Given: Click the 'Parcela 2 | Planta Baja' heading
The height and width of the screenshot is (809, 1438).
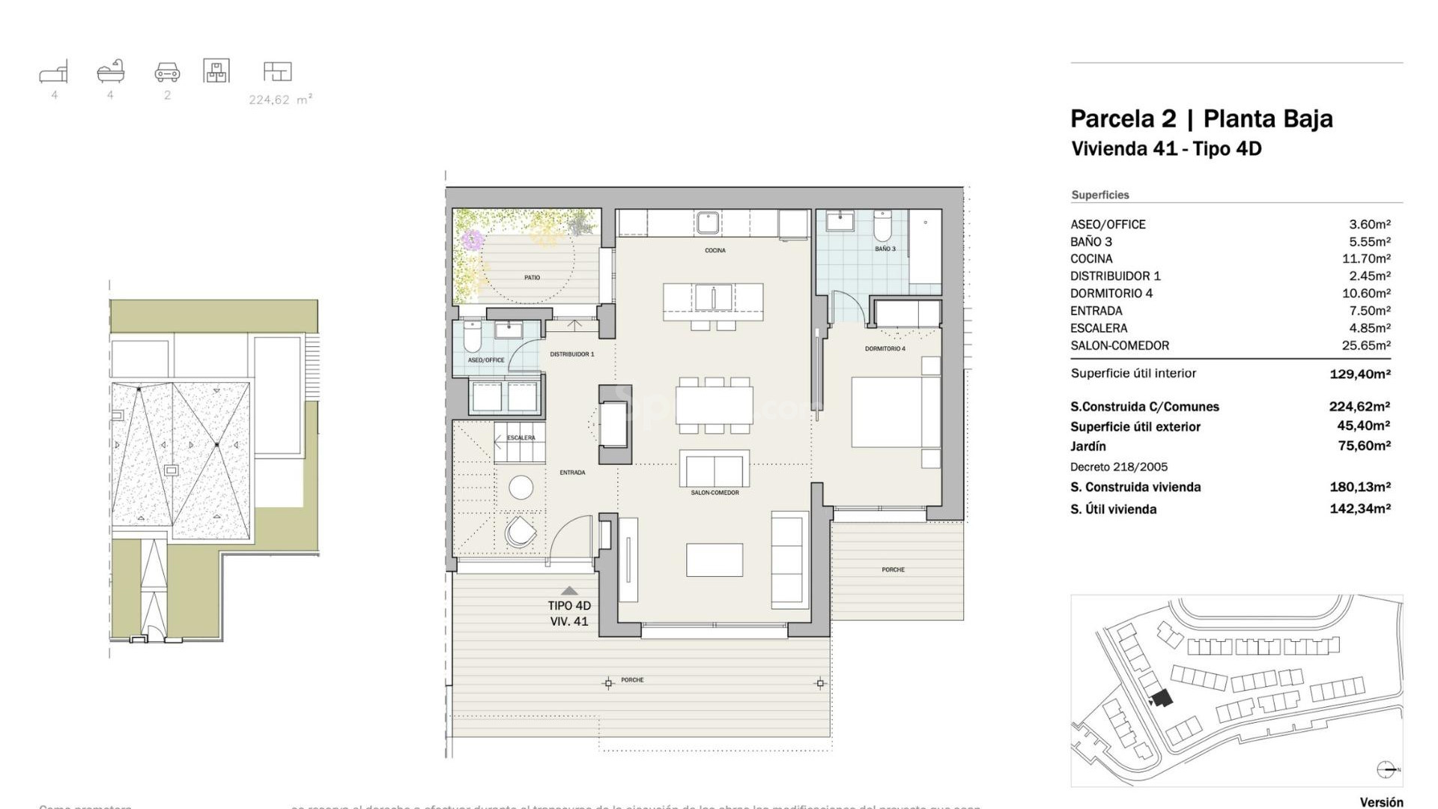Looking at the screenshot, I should (x=1201, y=119).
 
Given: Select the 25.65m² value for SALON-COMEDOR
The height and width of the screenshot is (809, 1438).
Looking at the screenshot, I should (x=1365, y=345).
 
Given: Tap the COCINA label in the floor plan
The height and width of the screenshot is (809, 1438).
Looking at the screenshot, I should (x=715, y=250).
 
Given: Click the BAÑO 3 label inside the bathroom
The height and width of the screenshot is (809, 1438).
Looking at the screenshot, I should (x=885, y=249).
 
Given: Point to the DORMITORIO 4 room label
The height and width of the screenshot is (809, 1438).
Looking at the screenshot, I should (x=885, y=349).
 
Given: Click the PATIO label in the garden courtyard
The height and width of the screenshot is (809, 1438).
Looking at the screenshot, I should (x=532, y=278).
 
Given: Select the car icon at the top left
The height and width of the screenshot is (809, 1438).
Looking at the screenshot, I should (x=167, y=73).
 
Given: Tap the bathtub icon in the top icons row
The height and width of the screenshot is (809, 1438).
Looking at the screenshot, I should (x=110, y=71).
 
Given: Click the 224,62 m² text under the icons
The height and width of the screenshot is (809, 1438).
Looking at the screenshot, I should (x=280, y=100).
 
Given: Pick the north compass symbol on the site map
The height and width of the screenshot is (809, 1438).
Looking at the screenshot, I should (x=1386, y=769).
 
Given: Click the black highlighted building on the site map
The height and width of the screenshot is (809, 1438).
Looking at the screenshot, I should (x=1162, y=699).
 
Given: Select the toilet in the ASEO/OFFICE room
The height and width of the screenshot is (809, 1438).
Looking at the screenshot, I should (x=473, y=338).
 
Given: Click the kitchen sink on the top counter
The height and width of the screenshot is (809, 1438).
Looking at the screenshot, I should (x=707, y=222).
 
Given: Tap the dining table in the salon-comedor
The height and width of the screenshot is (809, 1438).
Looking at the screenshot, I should (x=714, y=405).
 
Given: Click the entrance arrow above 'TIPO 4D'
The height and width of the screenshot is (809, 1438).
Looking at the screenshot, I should (x=569, y=590).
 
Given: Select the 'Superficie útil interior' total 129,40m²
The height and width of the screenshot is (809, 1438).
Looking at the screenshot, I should (x=1359, y=374).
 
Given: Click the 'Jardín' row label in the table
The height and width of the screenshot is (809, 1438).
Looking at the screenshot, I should (x=1087, y=446).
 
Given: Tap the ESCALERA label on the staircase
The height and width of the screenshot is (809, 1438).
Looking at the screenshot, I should (x=521, y=437).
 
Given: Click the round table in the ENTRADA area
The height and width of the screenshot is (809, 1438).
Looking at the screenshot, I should (x=521, y=488).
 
